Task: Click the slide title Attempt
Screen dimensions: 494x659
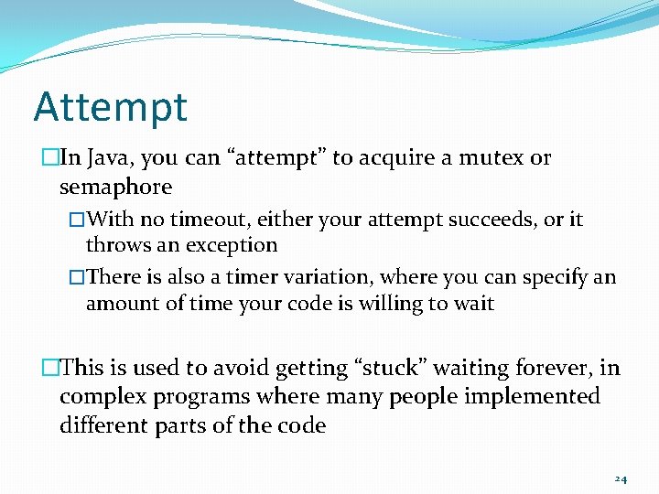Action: click(x=110, y=106)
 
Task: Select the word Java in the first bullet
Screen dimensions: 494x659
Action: click(x=111, y=158)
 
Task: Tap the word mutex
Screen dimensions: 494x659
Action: click(x=492, y=158)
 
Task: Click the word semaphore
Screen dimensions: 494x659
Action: click(x=115, y=188)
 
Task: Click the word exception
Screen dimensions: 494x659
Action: click(x=232, y=245)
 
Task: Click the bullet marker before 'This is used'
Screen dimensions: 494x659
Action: click(x=49, y=369)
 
